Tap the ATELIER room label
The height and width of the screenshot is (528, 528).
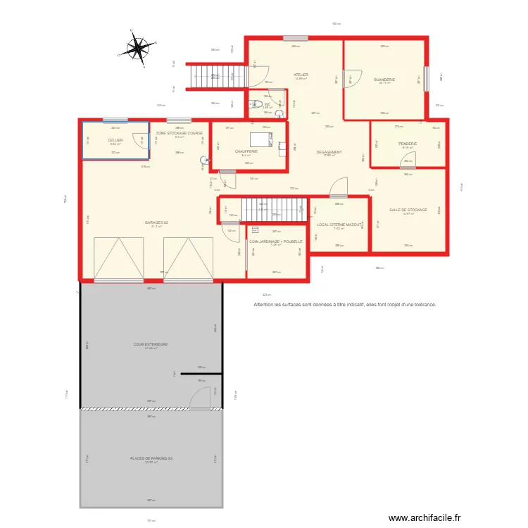click(301, 75)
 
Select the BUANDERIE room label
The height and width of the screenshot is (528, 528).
click(384, 80)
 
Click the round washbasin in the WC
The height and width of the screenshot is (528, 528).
click(279, 113)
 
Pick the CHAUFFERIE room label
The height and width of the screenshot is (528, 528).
click(246, 151)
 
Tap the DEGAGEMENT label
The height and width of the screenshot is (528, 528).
click(329, 152)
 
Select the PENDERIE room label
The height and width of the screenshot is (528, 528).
click(408, 144)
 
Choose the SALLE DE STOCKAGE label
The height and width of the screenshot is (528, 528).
click(408, 210)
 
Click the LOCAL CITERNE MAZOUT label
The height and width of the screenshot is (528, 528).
click(339, 225)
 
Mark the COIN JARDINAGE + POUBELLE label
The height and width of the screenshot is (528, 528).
click(275, 241)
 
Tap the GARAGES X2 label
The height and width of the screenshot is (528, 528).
click(156, 222)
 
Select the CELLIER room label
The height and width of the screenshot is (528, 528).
click(115, 140)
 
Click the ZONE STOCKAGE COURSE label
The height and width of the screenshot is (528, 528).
click(179, 133)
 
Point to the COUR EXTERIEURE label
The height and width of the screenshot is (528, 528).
click(151, 344)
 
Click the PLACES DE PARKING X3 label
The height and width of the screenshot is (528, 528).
click(151, 458)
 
